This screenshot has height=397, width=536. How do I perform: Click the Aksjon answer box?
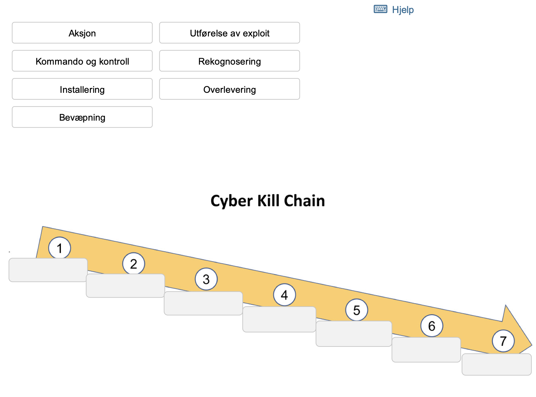82,33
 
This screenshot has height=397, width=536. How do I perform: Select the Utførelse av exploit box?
229,33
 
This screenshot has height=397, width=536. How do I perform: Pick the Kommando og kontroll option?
82,61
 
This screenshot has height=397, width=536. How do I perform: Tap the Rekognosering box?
229,61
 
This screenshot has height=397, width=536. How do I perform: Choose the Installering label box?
82,89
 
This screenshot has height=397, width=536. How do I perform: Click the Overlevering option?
229,89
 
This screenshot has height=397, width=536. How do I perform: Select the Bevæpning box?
82,117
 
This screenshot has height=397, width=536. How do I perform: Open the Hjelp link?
402,10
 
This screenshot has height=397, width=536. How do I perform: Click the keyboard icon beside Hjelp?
380,9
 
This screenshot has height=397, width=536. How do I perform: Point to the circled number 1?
60,248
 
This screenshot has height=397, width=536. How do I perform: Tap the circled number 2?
134,264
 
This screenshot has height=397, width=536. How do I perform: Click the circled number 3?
206,279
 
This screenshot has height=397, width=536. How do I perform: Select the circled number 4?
284,295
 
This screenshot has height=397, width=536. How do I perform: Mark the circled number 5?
357,310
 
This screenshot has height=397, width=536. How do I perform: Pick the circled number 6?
432,326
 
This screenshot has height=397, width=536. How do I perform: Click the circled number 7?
503,341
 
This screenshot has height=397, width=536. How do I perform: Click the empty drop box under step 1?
48,270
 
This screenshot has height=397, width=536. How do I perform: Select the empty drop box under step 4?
279,319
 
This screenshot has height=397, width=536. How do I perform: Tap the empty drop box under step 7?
496,365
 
